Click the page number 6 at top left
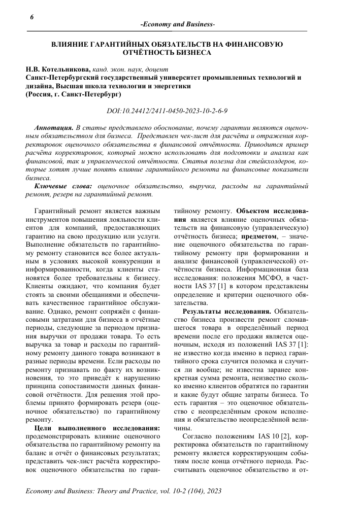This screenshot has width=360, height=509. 18,17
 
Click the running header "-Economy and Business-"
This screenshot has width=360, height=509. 177,25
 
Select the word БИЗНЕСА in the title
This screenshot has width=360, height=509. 190,53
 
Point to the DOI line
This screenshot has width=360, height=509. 167,110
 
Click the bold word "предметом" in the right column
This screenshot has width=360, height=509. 259,236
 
